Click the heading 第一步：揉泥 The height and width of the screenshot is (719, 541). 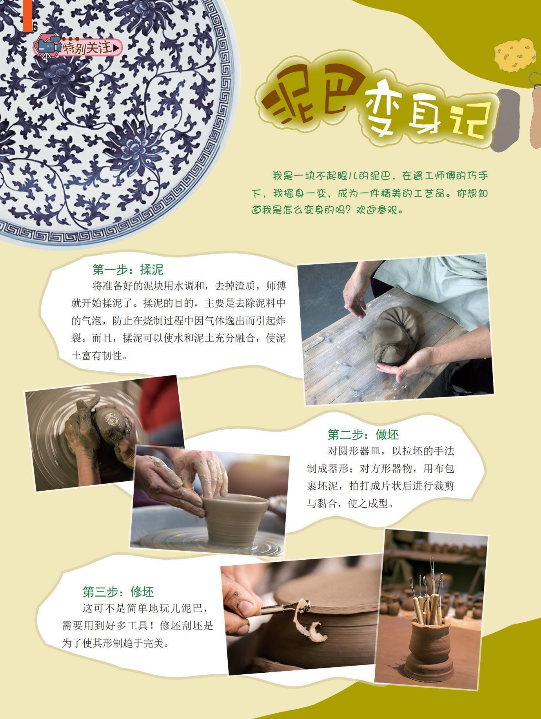[128, 269]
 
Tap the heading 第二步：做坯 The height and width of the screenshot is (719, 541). [363, 434]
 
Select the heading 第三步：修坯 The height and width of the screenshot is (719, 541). [118, 591]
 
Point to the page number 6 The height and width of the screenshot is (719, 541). [34, 27]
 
